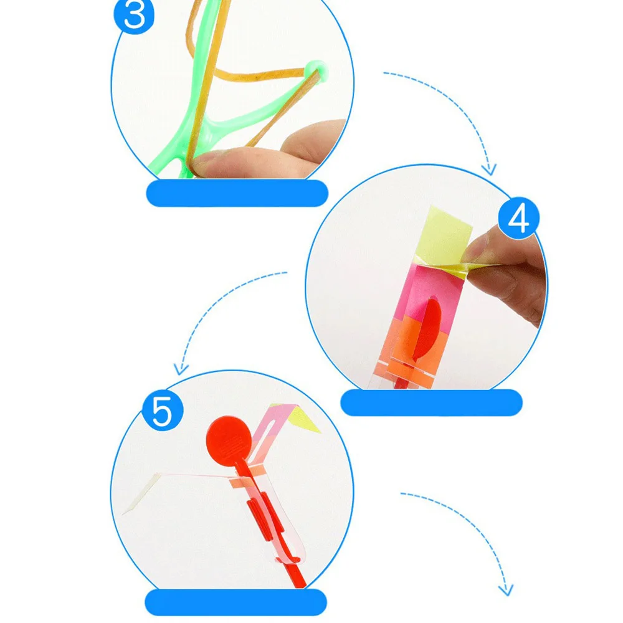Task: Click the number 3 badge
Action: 135,15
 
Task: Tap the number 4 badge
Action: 518,218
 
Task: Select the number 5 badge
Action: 162,411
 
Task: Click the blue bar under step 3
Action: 237,193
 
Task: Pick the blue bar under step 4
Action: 432,402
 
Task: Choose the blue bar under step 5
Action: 236,602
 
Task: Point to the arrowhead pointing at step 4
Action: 490,170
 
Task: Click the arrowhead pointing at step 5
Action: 181,369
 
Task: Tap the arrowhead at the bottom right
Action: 506,590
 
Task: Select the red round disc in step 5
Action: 229,440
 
